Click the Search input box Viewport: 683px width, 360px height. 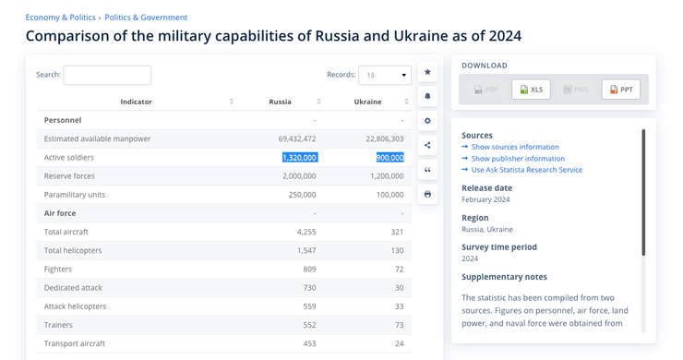[107, 75]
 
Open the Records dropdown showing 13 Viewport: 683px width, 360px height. [385, 75]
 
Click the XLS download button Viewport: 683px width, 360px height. [530, 90]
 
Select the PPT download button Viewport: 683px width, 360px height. [621, 90]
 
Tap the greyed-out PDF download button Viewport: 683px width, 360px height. [485, 90]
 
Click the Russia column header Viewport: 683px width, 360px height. [280, 102]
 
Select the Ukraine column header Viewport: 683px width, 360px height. [367, 102]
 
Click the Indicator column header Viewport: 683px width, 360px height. [136, 102]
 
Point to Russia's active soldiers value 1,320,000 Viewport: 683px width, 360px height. [300, 158]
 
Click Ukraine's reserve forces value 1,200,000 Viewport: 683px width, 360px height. [387, 176]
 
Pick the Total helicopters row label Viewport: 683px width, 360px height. [73, 251]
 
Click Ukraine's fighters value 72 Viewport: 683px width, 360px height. [399, 270]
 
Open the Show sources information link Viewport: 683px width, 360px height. [515, 147]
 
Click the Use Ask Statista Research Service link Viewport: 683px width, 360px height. [526, 170]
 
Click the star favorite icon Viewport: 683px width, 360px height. [427, 72]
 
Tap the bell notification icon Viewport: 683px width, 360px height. [427, 96]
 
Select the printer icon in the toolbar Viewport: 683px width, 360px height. [427, 194]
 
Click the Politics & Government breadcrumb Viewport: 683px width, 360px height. [146, 18]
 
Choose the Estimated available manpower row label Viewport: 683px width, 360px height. [97, 138]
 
